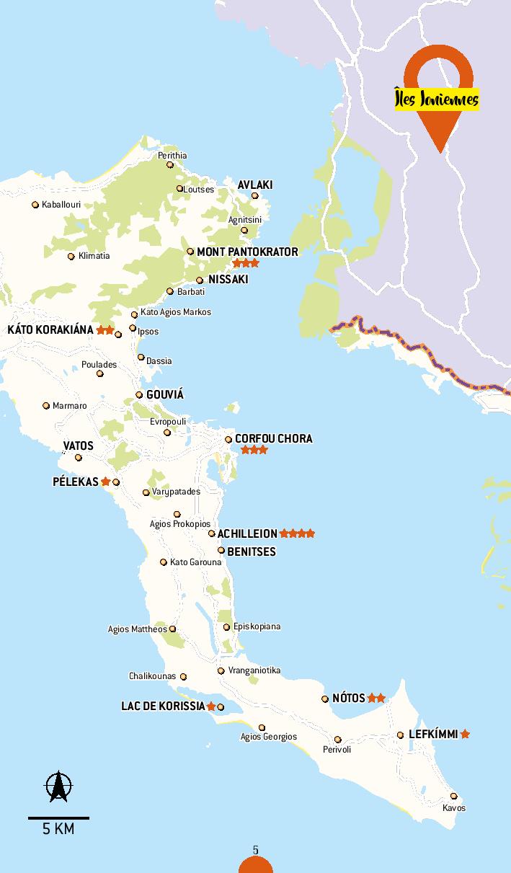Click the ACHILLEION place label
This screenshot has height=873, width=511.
click(247, 533)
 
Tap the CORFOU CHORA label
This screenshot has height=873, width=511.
click(273, 438)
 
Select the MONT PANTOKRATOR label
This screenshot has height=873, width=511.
click(247, 252)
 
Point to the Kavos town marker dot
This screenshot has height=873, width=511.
click(453, 796)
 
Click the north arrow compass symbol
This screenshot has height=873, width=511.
click(58, 786)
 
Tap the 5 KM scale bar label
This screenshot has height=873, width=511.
click(58, 829)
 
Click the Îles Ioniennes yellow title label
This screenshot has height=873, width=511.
click(437, 99)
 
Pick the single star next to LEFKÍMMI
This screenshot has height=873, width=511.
click(465, 734)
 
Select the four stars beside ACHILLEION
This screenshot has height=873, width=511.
click(297, 533)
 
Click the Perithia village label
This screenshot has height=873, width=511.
click(172, 155)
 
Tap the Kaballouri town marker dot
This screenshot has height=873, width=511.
click(35, 205)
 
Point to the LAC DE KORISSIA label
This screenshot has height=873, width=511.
click(163, 706)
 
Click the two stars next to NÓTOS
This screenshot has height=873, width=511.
click(376, 698)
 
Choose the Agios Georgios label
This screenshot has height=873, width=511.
click(268, 737)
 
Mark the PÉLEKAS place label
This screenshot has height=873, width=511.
click(75, 482)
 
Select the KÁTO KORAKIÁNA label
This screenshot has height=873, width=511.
click(50, 329)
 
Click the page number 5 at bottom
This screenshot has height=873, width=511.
click(256, 851)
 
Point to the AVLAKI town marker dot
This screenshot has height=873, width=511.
click(254, 195)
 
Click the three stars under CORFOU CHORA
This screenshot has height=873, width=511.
click(254, 450)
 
